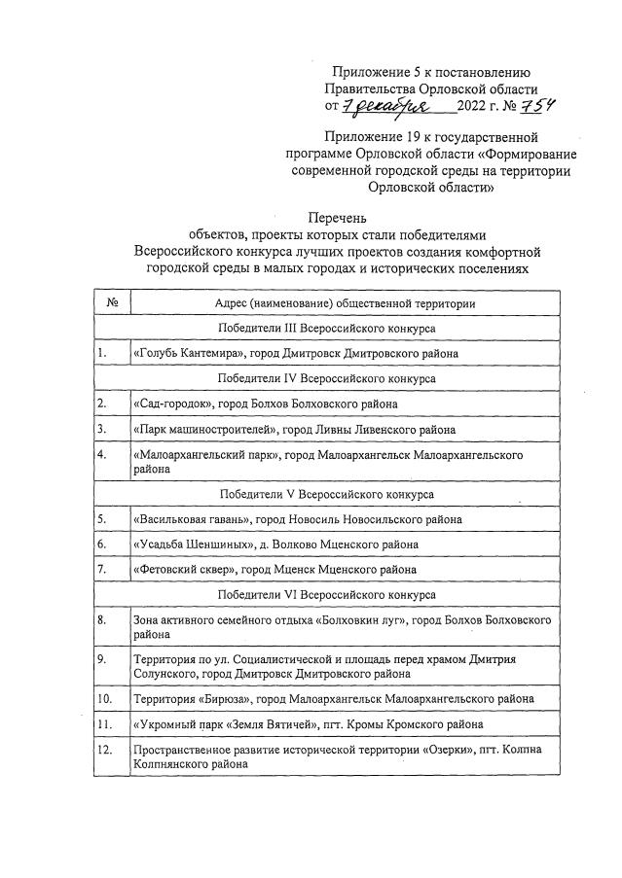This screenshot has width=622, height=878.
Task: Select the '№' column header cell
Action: [x=111, y=303]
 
